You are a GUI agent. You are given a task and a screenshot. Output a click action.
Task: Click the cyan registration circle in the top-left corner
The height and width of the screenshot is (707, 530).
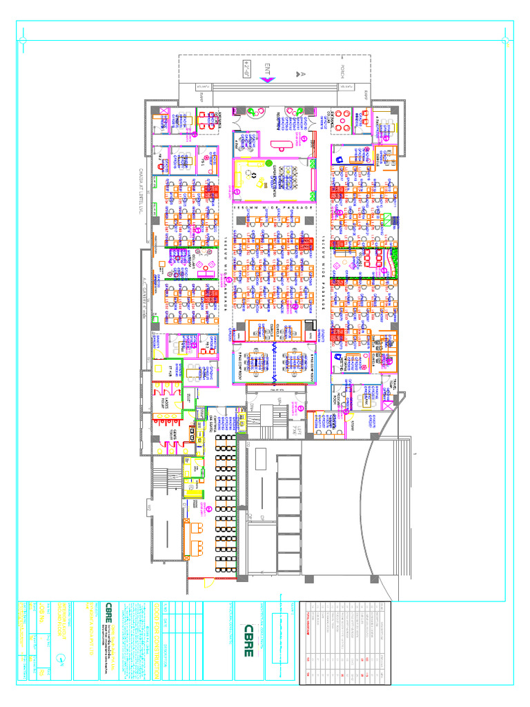pos(23,41)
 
